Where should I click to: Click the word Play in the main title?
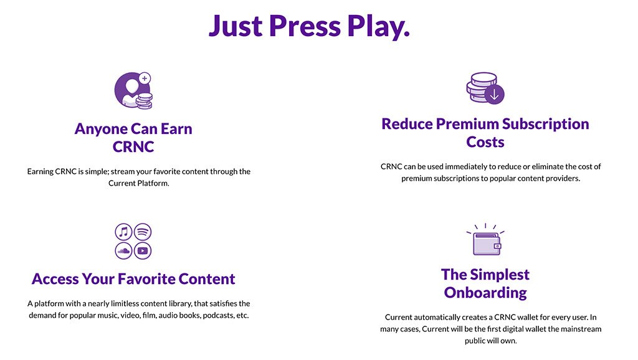coord(378,27)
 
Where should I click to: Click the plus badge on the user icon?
coord(145,78)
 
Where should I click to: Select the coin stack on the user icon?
coord(144,101)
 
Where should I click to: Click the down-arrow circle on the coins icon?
coord(494,95)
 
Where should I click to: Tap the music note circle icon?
coord(124,232)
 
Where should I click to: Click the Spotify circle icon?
coord(143,232)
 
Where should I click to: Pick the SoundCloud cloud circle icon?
coord(124,250)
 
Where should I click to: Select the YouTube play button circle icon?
coord(143,250)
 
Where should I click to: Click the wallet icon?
coord(486,244)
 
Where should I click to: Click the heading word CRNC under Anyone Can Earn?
coord(133,147)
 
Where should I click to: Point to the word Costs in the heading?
coord(485,142)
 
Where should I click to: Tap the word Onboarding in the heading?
coord(485,293)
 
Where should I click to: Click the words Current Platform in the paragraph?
coord(138,183)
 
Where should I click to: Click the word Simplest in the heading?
coord(500,275)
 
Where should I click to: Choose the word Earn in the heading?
coord(176,129)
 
